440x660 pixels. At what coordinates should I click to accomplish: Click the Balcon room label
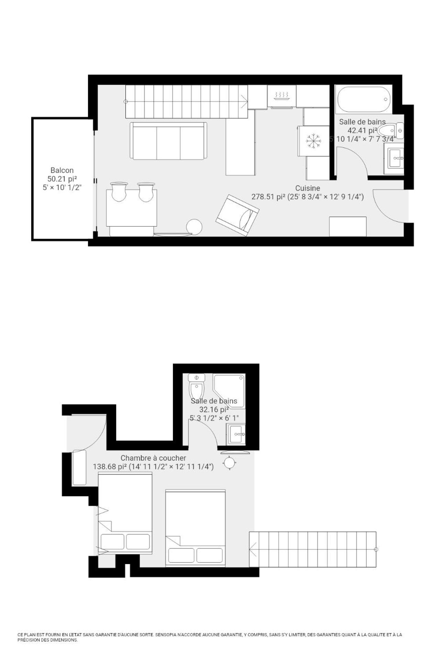point(62,170)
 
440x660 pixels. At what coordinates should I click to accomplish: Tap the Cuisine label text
point(307,188)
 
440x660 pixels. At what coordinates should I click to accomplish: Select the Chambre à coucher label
point(153,458)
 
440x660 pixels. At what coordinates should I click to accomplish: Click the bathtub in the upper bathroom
point(364,99)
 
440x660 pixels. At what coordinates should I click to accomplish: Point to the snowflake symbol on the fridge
point(313,141)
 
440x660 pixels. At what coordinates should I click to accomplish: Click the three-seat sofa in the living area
point(168,141)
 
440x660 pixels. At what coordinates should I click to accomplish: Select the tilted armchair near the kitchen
point(237,215)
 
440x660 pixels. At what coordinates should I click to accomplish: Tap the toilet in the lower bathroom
point(197,387)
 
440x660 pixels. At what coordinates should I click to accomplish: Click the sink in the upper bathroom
point(395,158)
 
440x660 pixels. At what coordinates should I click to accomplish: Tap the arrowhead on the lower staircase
point(252,549)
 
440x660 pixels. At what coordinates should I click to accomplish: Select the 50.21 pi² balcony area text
point(62,179)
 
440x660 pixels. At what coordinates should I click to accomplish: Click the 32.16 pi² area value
point(214,409)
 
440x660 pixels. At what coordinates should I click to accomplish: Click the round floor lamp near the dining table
point(194,227)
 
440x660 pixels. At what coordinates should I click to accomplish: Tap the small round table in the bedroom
point(229,462)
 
